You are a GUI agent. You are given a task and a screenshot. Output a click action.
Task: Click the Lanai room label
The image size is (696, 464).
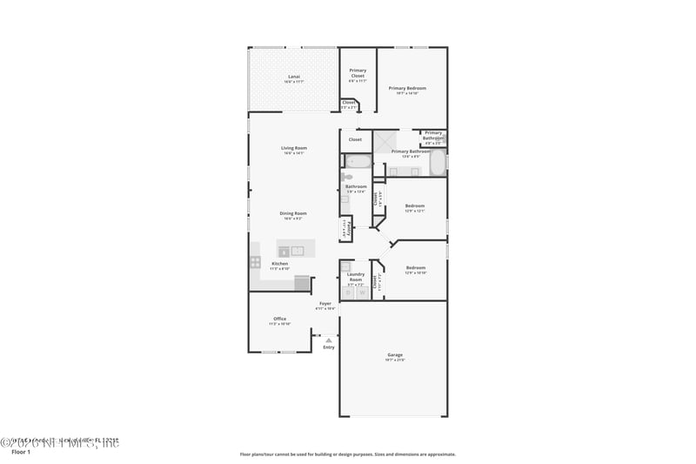(x=294, y=78)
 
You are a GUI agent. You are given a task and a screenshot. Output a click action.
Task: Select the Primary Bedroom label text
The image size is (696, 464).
(x=407, y=89)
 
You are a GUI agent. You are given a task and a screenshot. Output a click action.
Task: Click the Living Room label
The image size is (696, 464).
(x=293, y=149)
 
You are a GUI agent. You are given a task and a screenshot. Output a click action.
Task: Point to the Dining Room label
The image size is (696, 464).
(x=293, y=214)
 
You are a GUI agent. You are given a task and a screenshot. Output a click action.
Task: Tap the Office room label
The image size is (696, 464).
(x=279, y=319)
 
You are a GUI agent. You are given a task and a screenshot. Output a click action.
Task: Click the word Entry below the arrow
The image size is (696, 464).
(x=328, y=347)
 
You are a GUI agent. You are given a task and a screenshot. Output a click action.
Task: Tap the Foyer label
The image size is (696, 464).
(x=325, y=304)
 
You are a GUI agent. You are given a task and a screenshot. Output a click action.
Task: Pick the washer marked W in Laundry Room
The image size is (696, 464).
(x=362, y=293)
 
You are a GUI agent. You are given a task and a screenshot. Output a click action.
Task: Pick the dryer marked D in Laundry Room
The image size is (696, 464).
(x=348, y=293)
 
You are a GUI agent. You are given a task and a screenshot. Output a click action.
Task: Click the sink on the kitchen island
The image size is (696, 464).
(x=298, y=251)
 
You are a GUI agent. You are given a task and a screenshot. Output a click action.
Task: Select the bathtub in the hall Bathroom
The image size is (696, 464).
(x=358, y=161)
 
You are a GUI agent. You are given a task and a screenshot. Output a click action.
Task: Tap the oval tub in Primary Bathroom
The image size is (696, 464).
(x=438, y=163)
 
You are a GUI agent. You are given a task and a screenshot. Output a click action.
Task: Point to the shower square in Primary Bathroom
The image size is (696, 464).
(x=385, y=141)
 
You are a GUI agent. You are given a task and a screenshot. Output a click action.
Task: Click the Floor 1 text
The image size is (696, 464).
(x=20, y=453)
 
